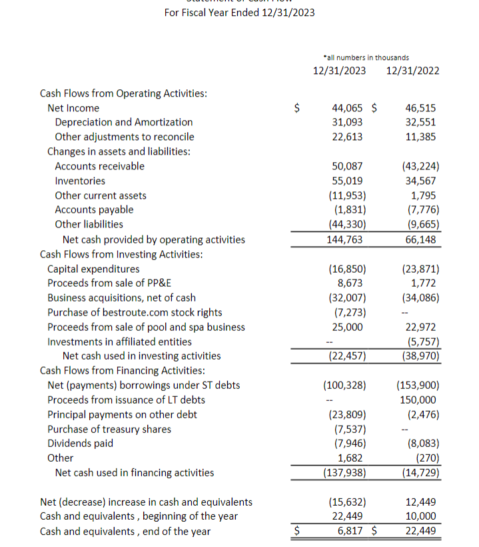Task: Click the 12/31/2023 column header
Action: point(339,71)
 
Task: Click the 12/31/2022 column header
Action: point(412,71)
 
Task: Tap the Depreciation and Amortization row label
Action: point(123,122)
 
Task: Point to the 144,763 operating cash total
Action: point(346,239)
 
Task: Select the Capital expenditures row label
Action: point(93,269)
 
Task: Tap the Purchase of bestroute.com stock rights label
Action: point(135,312)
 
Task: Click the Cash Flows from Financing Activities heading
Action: point(122,370)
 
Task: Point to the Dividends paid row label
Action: point(80,444)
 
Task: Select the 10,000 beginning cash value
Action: point(420,516)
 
